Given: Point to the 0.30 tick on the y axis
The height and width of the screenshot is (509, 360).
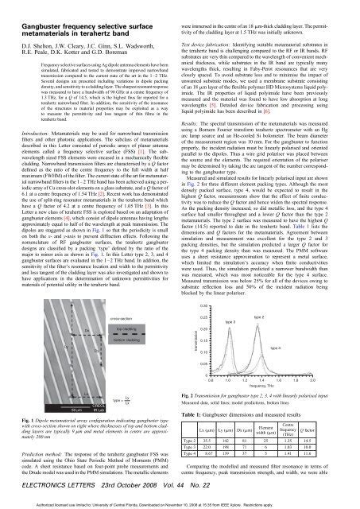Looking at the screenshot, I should pos(207,261).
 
